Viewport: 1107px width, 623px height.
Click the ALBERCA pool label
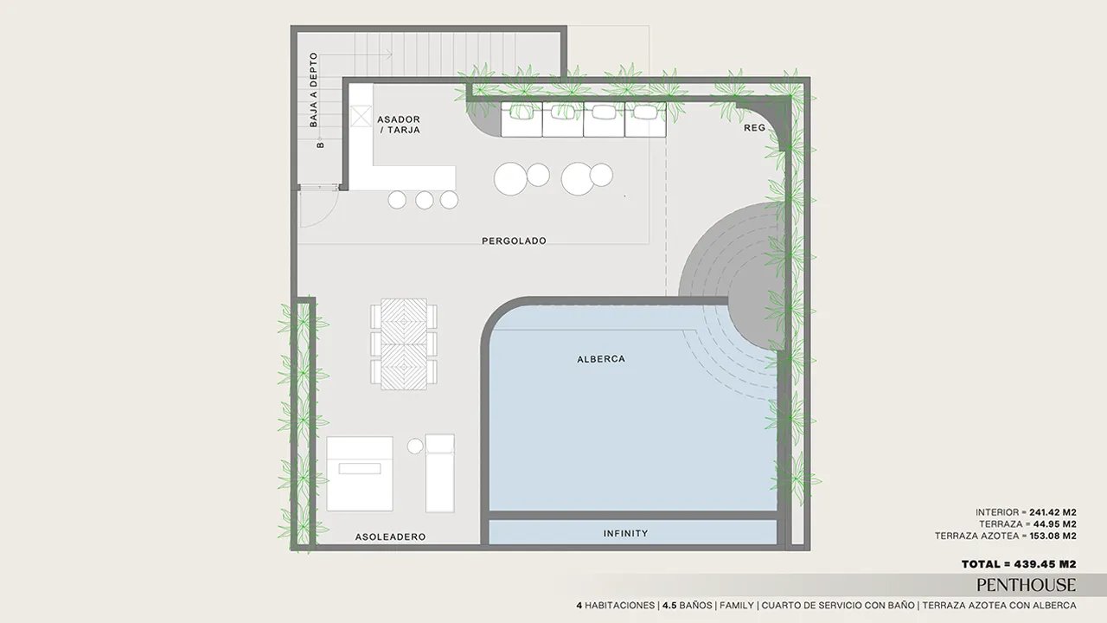coord(601,359)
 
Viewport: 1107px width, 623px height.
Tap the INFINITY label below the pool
coord(625,534)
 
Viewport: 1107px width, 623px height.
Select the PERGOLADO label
coord(514,241)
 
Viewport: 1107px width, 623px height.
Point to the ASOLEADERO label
coord(390,536)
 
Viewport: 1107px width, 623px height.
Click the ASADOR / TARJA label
coord(399,125)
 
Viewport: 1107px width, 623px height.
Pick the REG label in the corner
coord(755,127)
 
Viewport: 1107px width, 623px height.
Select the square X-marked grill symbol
coord(361,116)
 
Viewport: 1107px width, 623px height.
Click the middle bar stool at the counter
coord(425,200)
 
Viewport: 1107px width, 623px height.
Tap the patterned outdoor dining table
coord(404,344)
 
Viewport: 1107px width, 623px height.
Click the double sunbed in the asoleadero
coord(360,473)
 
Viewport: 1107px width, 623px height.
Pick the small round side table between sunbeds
coord(415,446)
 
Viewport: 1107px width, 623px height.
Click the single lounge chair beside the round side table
coord(440,473)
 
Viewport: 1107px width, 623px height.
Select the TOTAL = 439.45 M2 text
coord(1019,564)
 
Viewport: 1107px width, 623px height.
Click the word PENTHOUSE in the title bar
coord(1026,586)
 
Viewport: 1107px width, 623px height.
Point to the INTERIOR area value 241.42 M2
coord(1053,512)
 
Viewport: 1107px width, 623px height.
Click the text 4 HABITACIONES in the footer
coord(617,605)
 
